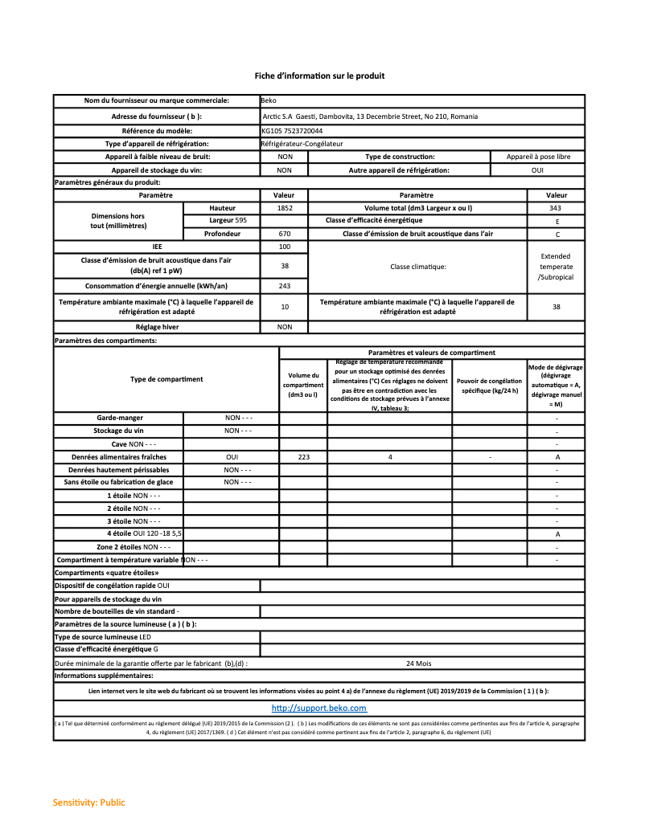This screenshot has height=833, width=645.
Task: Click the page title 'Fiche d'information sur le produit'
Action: point(319,76)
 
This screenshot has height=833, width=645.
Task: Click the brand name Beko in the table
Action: point(269,101)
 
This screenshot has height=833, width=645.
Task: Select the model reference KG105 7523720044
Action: point(292,130)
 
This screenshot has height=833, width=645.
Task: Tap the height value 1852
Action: point(284,208)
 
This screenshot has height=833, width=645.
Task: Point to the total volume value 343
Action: point(556,208)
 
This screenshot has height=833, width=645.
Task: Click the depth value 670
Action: point(284,234)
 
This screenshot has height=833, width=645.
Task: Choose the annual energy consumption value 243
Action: point(284,286)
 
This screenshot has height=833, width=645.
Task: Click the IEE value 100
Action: point(284,247)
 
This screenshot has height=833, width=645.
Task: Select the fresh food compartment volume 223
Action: point(303,457)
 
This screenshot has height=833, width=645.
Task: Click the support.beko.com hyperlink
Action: point(319,708)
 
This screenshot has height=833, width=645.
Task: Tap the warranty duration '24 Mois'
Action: point(418,664)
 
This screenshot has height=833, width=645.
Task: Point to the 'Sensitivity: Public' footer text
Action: point(89,802)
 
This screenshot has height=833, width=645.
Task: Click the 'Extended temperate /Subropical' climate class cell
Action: point(556,267)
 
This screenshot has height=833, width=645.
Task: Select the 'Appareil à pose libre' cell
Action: point(538,157)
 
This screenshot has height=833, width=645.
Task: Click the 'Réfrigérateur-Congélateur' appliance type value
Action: point(302,144)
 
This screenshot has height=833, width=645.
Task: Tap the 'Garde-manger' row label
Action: point(118,418)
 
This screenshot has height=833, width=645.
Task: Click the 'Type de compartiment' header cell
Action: point(166,379)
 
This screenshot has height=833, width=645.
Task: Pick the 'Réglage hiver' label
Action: point(157,327)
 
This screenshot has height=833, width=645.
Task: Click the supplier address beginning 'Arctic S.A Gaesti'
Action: point(370,116)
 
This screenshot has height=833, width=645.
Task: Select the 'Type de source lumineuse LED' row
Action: point(103,637)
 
